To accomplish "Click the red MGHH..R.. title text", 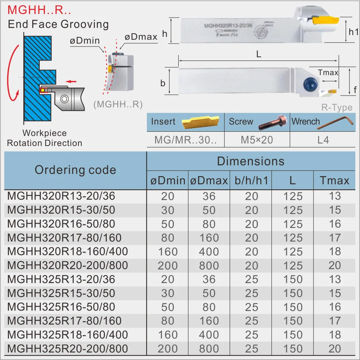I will coord(39,10).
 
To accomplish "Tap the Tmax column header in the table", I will coord(335,180).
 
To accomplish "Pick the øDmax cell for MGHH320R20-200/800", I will coord(209,266).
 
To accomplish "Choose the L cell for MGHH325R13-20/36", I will coord(293,279).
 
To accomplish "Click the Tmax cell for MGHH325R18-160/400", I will coord(335,335).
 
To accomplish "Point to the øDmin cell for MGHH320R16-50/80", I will coord(168,224).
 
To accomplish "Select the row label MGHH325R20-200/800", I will coord(68,349).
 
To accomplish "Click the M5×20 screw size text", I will coord(257,140).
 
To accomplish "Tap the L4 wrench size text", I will coord(323,140).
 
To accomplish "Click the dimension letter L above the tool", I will coord(259,54).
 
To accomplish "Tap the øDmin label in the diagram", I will coord(85,40).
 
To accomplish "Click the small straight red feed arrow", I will coord(71,82).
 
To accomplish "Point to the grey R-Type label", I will coord(337,108).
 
